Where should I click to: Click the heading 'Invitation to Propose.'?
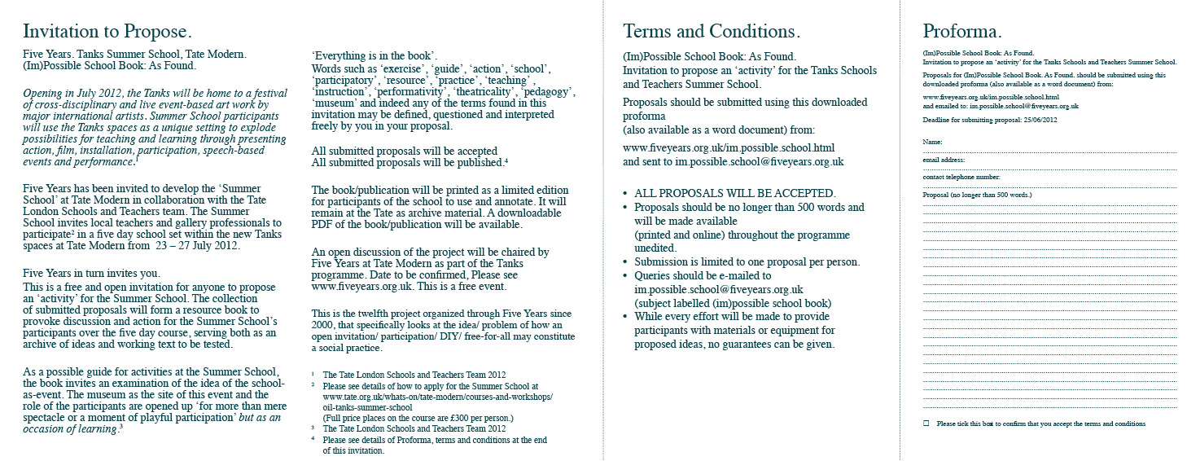[107, 32]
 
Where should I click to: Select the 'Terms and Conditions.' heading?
[712, 32]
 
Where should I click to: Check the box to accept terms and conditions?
[926, 424]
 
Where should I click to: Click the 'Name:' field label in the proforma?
[932, 142]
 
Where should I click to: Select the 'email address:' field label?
[944, 160]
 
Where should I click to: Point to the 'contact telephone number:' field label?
[961, 177]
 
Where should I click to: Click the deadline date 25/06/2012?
[1039, 120]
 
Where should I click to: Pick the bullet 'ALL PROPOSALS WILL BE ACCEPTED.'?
[734, 194]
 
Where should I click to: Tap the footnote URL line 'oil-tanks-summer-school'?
[367, 407]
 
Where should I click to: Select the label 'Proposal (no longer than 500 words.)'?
[977, 195]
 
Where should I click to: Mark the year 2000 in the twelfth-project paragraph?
[324, 325]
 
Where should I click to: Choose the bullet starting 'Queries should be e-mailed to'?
[703, 275]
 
